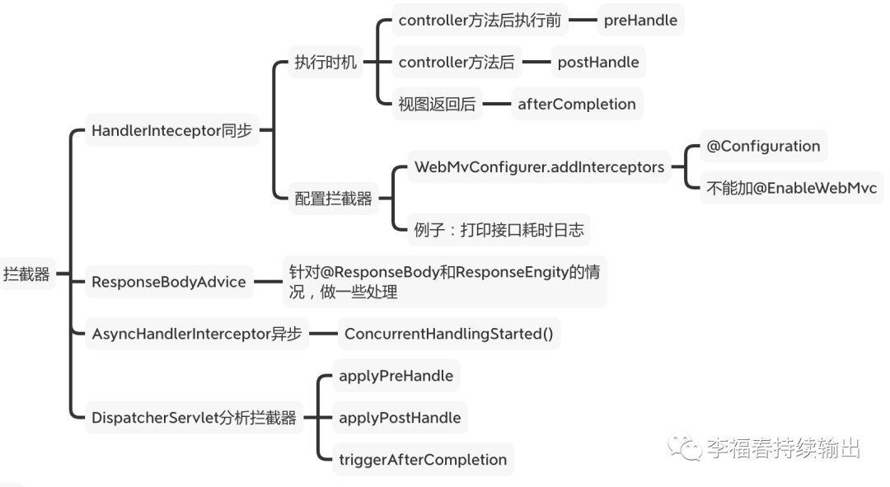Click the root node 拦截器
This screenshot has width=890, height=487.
[26, 274]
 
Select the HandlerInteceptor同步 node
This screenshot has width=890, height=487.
[172, 130]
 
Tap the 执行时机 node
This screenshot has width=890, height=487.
[326, 62]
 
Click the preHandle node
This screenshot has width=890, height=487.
[640, 21]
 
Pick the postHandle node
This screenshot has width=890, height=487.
[598, 62]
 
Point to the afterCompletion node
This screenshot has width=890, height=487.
[577, 104]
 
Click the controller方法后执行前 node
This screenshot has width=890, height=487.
[480, 21]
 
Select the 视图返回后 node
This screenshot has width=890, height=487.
[437, 104]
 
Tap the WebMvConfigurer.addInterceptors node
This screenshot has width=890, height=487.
[539, 167]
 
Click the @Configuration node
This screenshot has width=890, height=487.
[763, 146]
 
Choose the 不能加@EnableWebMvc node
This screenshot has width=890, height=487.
[792, 188]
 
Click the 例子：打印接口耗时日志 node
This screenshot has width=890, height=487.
[499, 230]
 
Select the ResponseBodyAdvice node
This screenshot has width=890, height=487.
[169, 282]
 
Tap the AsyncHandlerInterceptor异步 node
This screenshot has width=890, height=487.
[196, 334]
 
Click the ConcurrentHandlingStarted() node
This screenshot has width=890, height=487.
[449, 334]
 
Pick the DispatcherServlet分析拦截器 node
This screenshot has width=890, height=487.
[194, 418]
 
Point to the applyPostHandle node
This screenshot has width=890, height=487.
[400, 418]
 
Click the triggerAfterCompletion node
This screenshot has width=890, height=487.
[423, 460]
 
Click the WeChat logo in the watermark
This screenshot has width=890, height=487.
[685, 447]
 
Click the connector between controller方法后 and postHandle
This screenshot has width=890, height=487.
[536, 62]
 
